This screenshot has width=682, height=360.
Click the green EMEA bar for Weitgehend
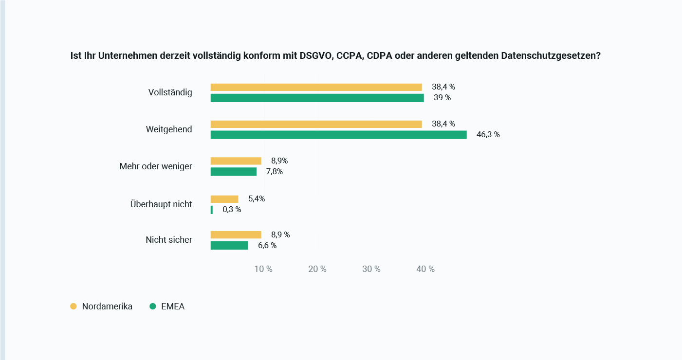coord(338,135)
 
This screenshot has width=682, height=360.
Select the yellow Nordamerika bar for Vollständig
coord(316,87)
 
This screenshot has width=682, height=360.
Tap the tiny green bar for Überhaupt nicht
coord(212,210)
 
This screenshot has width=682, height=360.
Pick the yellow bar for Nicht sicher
coord(236,234)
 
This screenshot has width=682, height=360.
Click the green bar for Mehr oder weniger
coord(233,172)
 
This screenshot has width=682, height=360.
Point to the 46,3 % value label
coord(488,135)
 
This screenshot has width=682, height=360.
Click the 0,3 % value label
coord(232,210)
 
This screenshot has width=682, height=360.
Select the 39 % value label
coord(442,98)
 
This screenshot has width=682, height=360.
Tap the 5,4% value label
coord(257,198)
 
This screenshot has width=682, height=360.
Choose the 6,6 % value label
coord(267,246)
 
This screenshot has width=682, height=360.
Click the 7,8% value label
coord(274,172)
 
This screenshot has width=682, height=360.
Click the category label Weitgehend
coord(169,129)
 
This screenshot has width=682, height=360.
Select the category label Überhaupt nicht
coord(161,204)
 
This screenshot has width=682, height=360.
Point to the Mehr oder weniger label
coord(156,166)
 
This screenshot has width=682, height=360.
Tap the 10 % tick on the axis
coord(263,269)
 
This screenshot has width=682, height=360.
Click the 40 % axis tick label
coord(425,269)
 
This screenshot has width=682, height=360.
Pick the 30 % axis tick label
coord(371,269)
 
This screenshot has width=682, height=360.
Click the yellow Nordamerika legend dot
coord(74,306)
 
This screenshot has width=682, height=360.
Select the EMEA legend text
coord(173,306)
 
